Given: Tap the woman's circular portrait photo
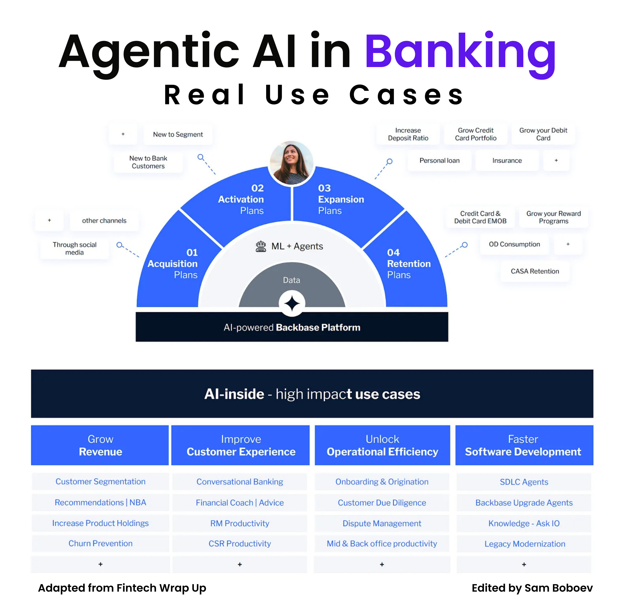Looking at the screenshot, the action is [x=291, y=163].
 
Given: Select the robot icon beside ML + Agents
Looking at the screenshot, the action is [x=261, y=246].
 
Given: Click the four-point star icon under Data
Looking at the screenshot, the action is [x=292, y=303].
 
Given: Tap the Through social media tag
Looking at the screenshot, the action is [x=75, y=248].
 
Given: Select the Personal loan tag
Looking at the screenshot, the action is [x=439, y=160].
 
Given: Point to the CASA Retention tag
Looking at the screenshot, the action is [x=535, y=271].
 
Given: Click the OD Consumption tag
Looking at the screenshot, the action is [x=514, y=244].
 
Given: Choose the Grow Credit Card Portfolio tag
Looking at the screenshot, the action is [x=476, y=134].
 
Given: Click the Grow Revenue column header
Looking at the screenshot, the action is [x=100, y=445].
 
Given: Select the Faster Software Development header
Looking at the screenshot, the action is [x=524, y=445].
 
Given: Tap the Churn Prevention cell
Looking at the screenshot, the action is [x=100, y=544].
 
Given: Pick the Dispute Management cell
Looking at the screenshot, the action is [x=382, y=524].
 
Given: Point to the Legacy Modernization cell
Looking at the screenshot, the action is [x=524, y=544].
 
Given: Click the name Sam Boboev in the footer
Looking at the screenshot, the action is [x=559, y=588].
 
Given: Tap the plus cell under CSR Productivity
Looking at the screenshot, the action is [x=240, y=565].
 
